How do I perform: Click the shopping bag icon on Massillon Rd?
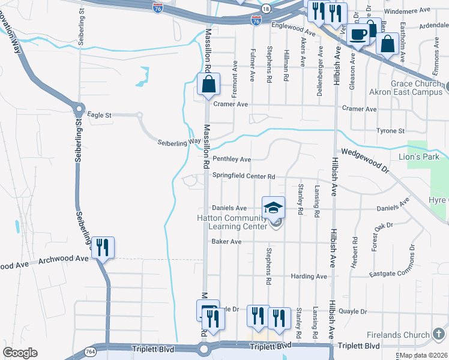[208, 85]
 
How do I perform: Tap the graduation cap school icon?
[273, 208]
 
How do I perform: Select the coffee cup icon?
[360, 34]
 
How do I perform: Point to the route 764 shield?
[89, 350]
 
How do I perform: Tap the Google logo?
[20, 352]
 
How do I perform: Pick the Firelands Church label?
[398, 333]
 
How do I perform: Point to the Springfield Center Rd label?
[244, 177]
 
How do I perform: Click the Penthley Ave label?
[232, 159]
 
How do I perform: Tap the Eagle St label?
[100, 114]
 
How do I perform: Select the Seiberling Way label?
[179, 142]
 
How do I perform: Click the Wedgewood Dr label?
[364, 160]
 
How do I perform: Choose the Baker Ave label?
[226, 242]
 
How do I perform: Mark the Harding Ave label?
[309, 277]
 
